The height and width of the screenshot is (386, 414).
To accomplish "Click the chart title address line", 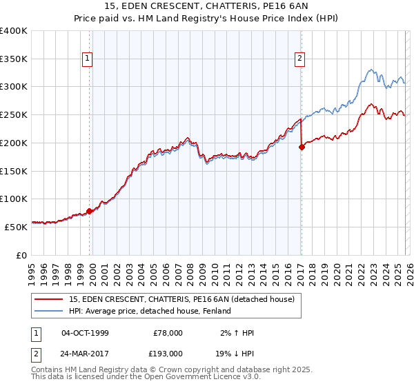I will (x=207, y=6).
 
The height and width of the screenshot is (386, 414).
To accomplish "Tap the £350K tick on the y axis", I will (x=14, y=59).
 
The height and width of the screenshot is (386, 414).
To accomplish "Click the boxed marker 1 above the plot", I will (x=88, y=59).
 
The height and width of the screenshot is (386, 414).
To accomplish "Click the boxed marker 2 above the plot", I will (x=300, y=59).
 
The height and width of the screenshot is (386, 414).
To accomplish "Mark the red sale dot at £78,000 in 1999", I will (x=90, y=211).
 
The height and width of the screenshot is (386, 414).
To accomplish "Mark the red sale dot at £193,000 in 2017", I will (x=302, y=147).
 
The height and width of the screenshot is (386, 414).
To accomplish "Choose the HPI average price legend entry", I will (x=150, y=311).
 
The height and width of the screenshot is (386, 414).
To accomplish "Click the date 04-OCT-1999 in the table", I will (x=85, y=333).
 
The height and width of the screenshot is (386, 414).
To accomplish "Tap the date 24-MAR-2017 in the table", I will (x=85, y=353).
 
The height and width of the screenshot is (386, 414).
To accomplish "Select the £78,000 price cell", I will (x=167, y=333).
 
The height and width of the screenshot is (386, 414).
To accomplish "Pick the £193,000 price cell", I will (x=167, y=353).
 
